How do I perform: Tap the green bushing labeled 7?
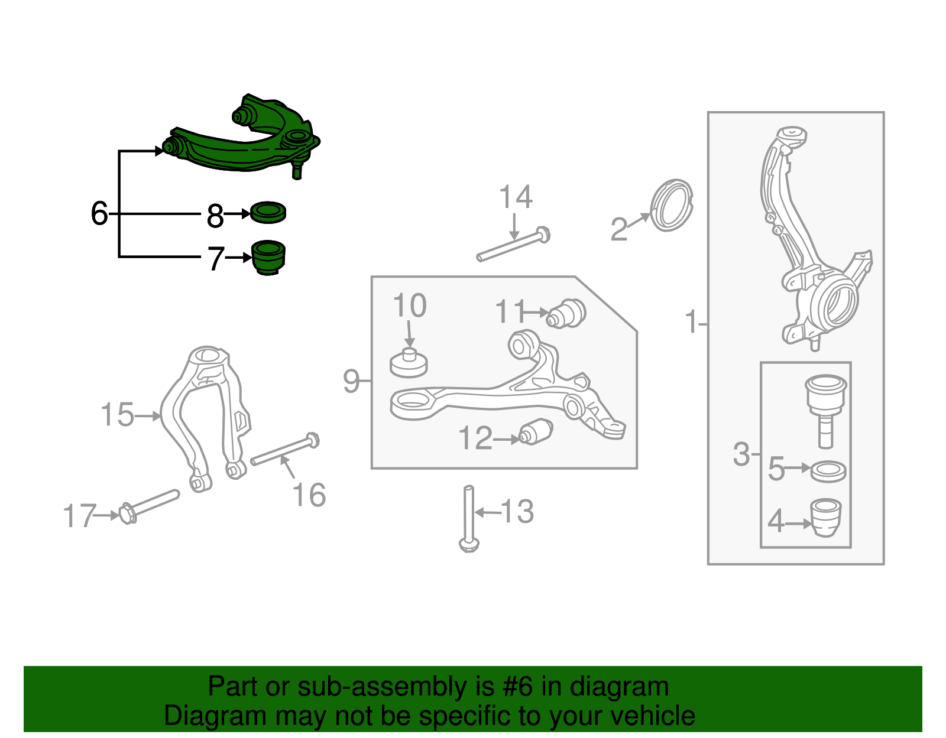[x=268, y=258]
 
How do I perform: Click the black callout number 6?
[x=99, y=213]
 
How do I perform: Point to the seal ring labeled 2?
[x=672, y=206]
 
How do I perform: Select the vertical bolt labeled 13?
[x=469, y=518]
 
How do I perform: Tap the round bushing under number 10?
[x=409, y=363]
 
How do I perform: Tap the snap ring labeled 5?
[x=828, y=472]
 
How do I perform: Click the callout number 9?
[x=351, y=381]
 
